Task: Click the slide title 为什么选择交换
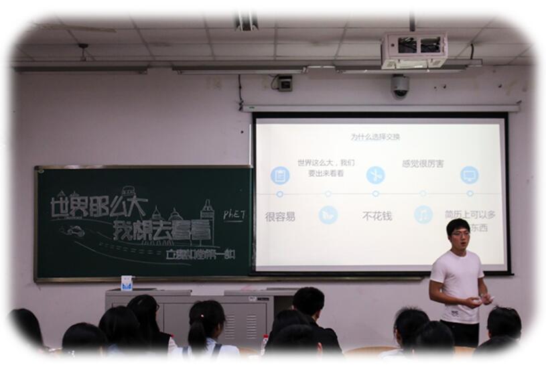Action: (375, 137)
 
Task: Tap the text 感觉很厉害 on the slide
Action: (422, 163)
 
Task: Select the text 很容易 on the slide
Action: (280, 216)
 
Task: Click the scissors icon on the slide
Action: (375, 175)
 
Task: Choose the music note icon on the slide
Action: (423, 214)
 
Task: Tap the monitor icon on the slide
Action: (469, 175)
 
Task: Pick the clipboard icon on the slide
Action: (280, 175)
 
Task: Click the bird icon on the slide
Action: (328, 214)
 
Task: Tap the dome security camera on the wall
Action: (400, 86)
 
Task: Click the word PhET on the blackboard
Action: (234, 214)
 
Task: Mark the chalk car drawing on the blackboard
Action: (74, 231)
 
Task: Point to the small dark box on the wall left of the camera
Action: (285, 84)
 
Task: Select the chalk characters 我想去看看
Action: (161, 230)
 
